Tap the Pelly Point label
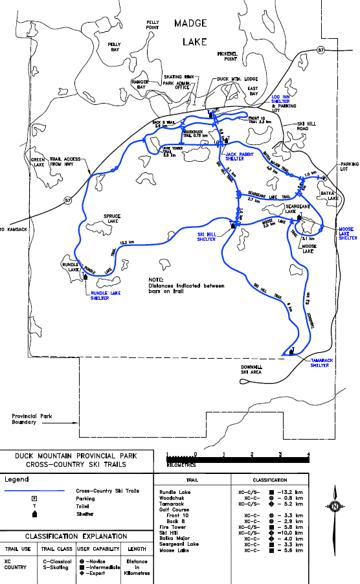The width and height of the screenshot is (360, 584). [153, 25]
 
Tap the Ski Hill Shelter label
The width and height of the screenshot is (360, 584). [210, 237]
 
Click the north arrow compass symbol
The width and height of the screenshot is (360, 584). [335, 505]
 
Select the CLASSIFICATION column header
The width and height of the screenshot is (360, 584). [271, 480]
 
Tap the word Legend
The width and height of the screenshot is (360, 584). [17, 480]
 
